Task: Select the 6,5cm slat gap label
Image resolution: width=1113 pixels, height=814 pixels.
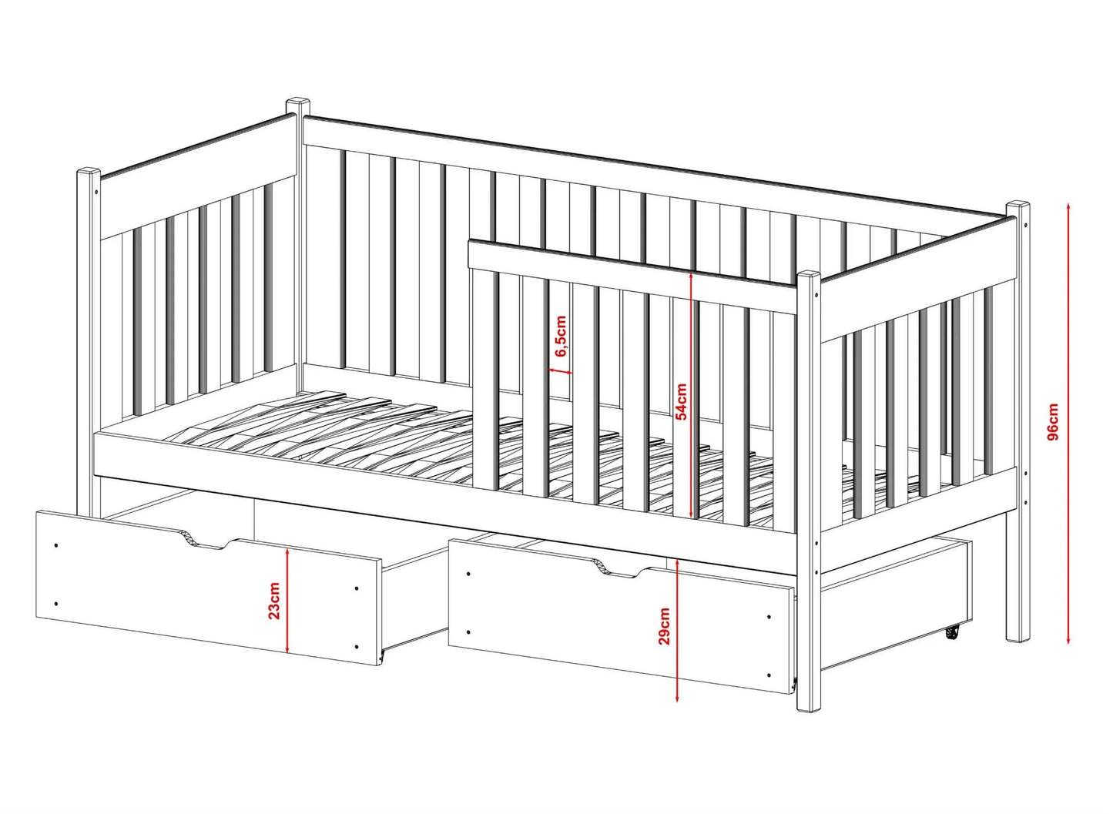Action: (x=561, y=337)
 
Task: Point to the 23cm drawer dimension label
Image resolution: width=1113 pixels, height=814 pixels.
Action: (x=274, y=601)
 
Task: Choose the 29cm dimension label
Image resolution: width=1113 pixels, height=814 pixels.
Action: (x=664, y=626)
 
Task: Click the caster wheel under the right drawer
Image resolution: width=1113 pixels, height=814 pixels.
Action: (x=950, y=634)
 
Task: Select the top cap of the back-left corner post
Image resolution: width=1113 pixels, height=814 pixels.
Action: (x=297, y=102)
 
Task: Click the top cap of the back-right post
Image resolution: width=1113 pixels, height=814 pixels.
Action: (x=1018, y=205)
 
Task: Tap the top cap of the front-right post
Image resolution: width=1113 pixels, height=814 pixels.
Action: (x=809, y=275)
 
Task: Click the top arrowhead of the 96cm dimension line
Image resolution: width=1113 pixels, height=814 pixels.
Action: (x=1069, y=207)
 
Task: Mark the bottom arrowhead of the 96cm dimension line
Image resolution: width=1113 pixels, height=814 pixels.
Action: (x=1069, y=641)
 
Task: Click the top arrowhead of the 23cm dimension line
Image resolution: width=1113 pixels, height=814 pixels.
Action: (x=288, y=553)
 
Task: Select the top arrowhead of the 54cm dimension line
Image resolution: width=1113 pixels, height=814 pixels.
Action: (x=691, y=276)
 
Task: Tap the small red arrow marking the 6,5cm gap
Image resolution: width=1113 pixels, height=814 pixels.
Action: (x=561, y=370)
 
